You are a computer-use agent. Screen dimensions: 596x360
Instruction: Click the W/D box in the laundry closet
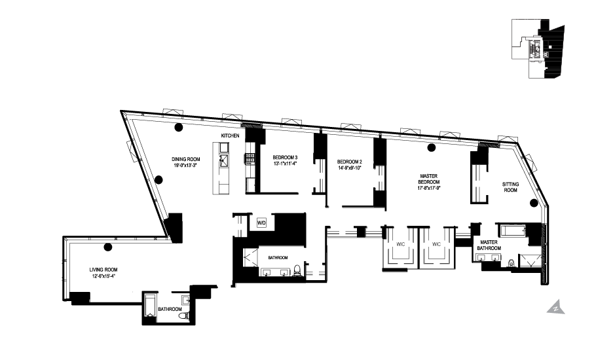pos(261,223)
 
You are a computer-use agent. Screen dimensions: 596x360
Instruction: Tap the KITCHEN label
pos(229,135)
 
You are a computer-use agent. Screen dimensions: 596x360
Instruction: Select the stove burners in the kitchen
pos(250,157)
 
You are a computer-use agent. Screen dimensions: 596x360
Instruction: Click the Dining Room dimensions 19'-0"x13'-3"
pos(185,166)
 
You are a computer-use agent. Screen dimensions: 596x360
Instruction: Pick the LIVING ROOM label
pos(103,269)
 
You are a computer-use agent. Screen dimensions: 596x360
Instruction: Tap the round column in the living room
pos(109,247)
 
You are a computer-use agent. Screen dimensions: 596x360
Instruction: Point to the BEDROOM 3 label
pos(285,157)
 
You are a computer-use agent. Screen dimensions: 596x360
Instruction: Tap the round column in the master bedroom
pos(430,147)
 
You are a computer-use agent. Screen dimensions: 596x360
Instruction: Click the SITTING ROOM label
pos(510,187)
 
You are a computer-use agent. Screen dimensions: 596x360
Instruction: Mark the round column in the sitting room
pos(534,202)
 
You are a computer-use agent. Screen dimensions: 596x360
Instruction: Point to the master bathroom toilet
pos(510,263)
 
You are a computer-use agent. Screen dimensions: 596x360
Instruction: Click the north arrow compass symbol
pos(555,306)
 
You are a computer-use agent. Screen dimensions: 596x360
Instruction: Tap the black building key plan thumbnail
pos(538,48)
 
